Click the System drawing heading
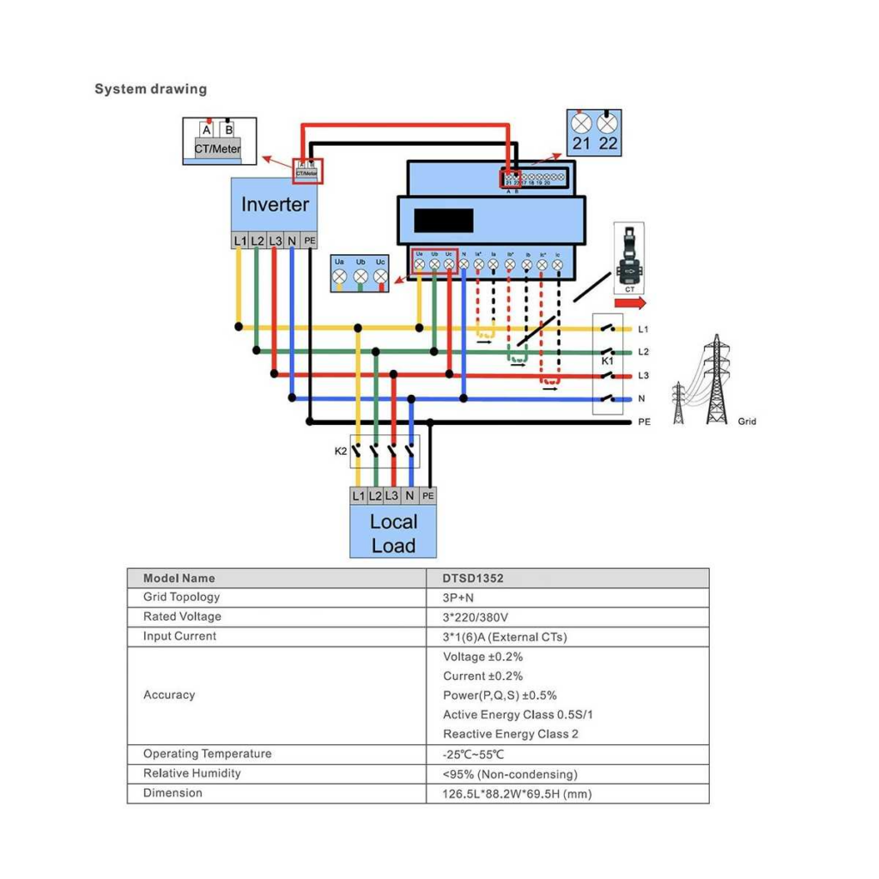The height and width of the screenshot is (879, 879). (x=150, y=89)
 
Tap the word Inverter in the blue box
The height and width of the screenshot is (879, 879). (x=274, y=204)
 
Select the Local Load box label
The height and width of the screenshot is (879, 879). (x=393, y=533)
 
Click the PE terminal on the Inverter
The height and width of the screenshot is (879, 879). (x=309, y=241)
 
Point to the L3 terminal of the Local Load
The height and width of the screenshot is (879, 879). (x=391, y=496)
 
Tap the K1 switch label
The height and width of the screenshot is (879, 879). (x=607, y=361)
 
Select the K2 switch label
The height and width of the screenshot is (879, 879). (x=341, y=451)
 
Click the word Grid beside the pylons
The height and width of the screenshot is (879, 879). (x=747, y=421)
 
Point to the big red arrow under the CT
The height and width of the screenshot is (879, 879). (x=630, y=303)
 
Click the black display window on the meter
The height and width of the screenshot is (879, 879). (x=443, y=220)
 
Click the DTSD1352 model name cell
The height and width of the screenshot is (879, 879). (x=473, y=579)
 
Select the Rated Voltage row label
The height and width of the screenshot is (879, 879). (x=182, y=617)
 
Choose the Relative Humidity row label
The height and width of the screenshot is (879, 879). (x=191, y=773)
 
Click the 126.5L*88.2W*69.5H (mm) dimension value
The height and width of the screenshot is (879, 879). (x=517, y=793)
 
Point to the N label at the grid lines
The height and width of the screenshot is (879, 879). (x=642, y=399)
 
